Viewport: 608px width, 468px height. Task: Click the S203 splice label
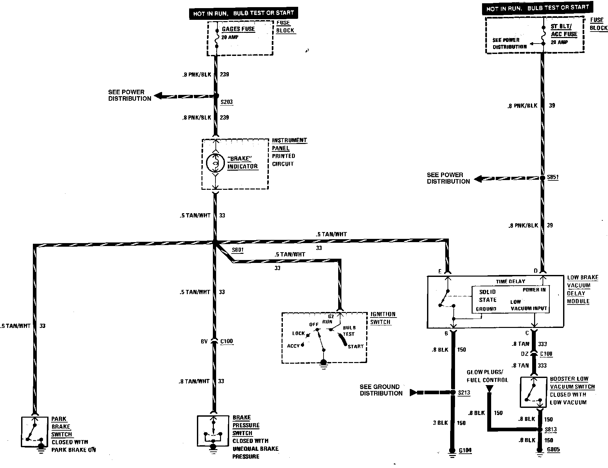227,102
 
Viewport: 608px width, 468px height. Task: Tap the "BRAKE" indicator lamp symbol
215,164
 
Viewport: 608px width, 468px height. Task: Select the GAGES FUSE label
238,29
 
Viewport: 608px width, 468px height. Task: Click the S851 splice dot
542,178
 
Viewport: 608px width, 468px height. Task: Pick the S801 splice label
238,250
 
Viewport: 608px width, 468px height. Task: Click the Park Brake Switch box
35,431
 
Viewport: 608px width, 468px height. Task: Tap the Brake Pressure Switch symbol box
213,431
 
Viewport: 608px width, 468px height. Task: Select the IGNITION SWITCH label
383,318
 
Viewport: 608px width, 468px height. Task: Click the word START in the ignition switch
355,346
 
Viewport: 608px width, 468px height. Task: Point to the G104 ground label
465,450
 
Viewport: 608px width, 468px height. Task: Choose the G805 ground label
553,450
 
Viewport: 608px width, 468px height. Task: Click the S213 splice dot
452,393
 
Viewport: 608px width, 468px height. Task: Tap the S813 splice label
551,429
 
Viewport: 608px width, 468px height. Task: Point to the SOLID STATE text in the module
487,296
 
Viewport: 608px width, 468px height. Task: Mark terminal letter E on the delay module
440,271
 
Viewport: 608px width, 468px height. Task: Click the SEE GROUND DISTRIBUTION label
381,390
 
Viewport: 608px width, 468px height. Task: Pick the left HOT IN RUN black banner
243,13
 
